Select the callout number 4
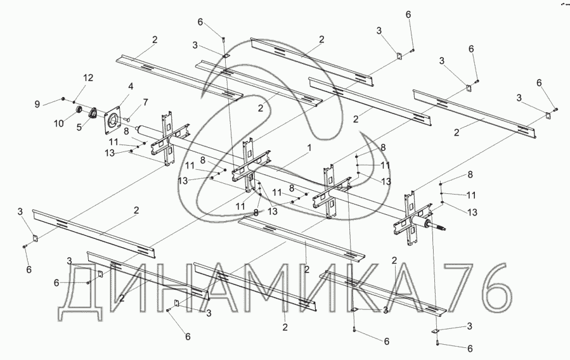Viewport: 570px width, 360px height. click(130, 86)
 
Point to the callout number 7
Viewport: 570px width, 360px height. click(145, 102)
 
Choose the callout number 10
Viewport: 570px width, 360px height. click(58, 124)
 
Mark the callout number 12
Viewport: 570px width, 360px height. click(88, 77)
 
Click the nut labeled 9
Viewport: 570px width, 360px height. click(64, 100)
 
